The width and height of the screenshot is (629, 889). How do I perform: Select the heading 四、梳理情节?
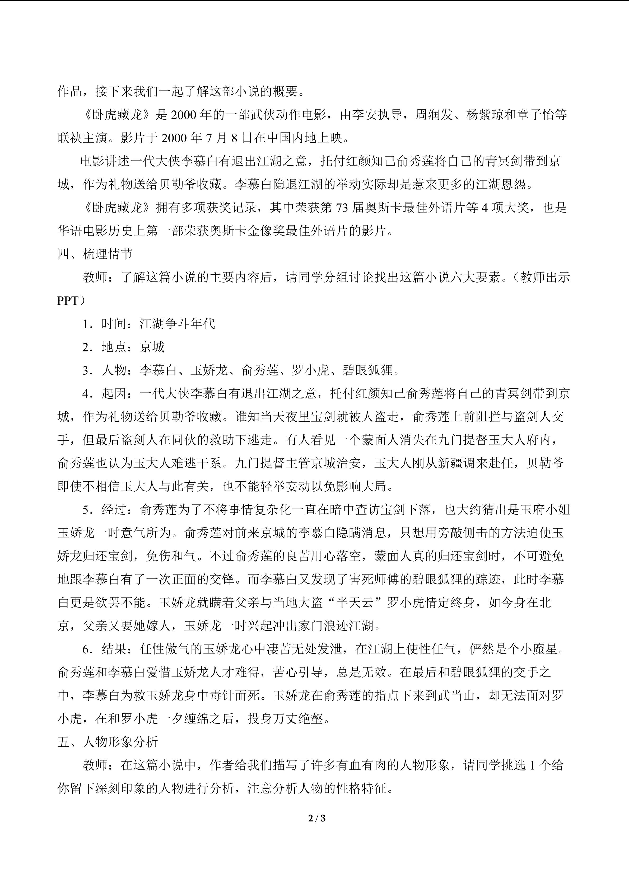[x=95, y=254]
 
